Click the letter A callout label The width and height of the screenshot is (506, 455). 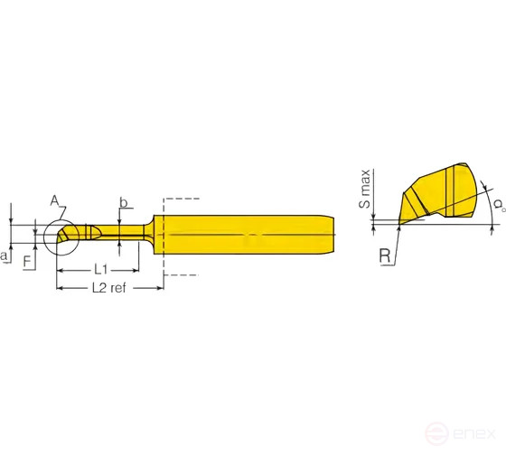[x=54, y=200]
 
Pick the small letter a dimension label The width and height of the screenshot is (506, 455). [x=5, y=257]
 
